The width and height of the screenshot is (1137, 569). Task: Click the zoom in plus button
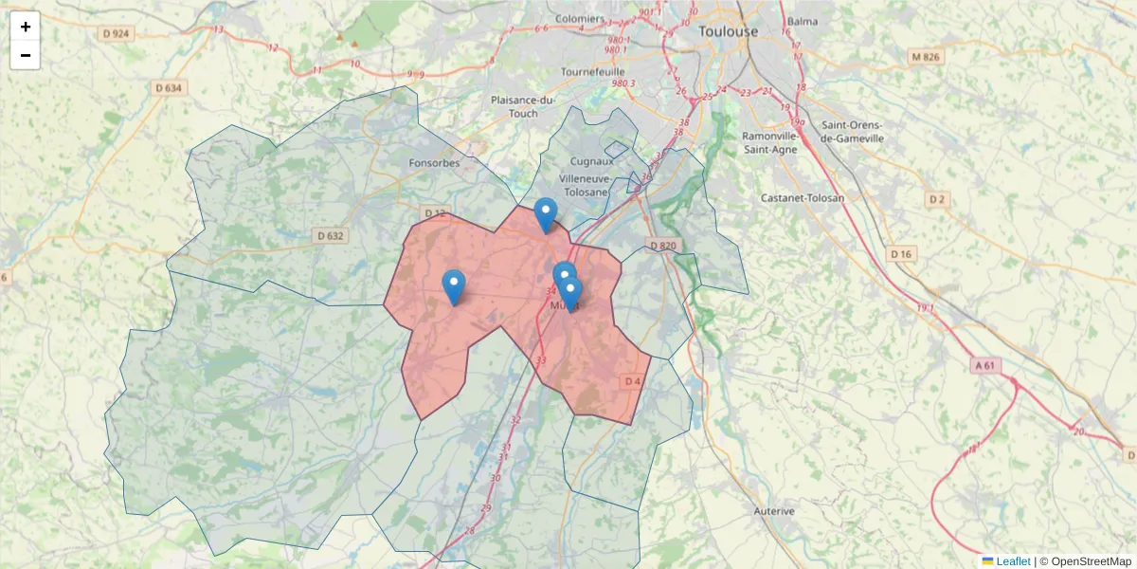click(x=26, y=27)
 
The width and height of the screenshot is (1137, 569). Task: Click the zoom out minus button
click(x=26, y=55)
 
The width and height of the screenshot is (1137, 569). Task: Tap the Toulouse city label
click(x=728, y=31)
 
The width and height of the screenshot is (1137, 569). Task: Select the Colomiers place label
click(x=579, y=18)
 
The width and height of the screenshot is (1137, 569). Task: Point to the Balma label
click(x=802, y=21)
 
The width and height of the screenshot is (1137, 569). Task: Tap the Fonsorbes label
click(x=434, y=162)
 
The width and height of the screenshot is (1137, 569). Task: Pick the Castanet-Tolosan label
click(x=802, y=197)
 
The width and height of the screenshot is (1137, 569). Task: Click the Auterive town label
click(x=773, y=511)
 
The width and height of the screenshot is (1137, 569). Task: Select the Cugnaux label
click(x=592, y=160)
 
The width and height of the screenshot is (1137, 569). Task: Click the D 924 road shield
click(x=117, y=33)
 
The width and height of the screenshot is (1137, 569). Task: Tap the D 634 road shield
click(x=168, y=88)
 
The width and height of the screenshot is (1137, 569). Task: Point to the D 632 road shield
click(x=331, y=235)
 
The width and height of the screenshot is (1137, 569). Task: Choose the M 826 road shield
click(x=926, y=57)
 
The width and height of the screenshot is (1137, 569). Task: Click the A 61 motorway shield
click(x=984, y=365)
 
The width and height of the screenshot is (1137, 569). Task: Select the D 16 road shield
click(x=901, y=254)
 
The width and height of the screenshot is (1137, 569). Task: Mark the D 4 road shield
click(x=633, y=381)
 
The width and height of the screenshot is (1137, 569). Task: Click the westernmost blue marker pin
click(x=454, y=285)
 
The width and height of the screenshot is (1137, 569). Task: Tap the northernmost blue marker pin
click(x=545, y=213)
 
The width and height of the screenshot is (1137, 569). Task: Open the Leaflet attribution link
click(x=1012, y=561)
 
